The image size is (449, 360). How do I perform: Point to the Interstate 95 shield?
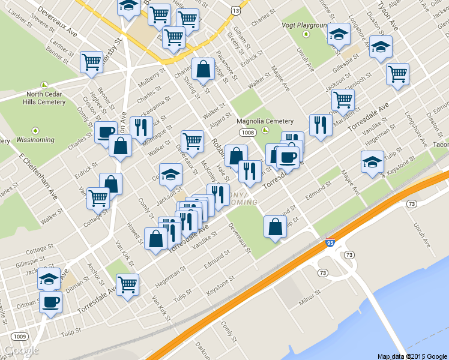330,242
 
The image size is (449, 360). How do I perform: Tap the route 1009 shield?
19,336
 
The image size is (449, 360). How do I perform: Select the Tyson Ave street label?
388,17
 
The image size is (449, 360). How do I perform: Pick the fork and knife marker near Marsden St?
319,125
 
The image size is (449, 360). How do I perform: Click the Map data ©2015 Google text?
412,356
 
